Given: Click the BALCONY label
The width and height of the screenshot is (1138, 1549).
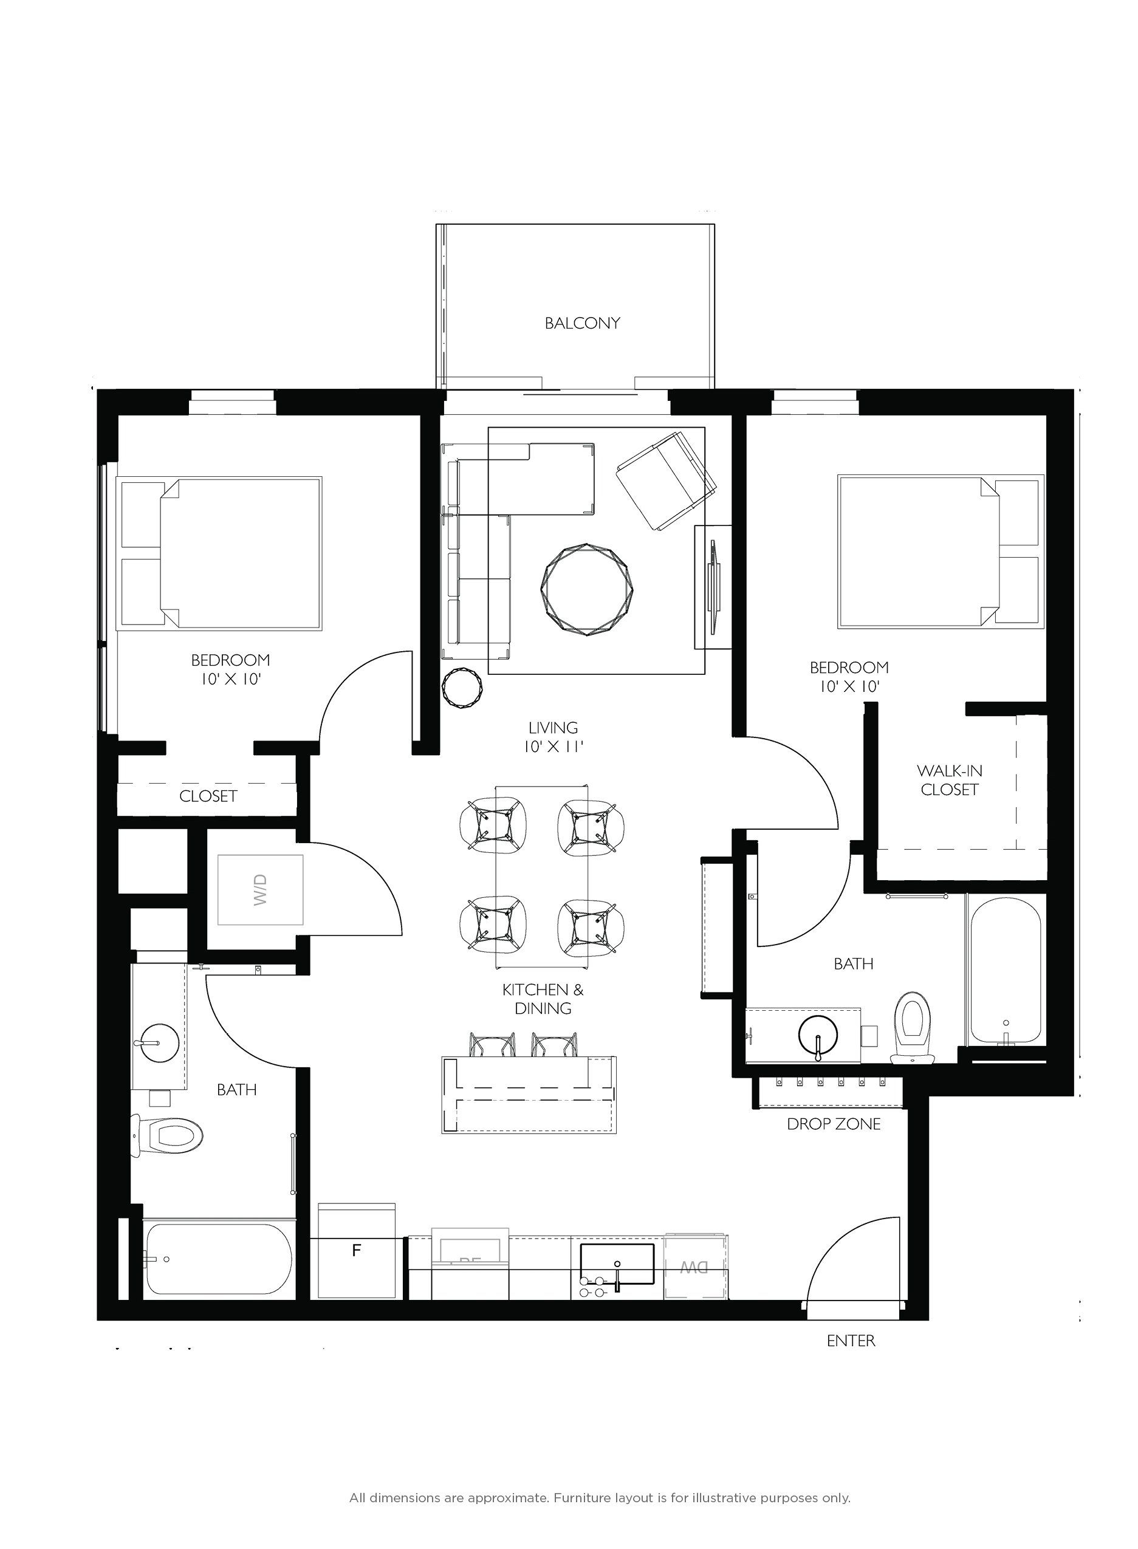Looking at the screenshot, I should (582, 323).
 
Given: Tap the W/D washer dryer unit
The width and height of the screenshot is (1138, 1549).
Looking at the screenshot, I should (261, 890).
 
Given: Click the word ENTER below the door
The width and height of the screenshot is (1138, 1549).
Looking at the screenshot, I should (851, 1360).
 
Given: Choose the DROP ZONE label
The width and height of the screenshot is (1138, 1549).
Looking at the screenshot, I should (834, 1124).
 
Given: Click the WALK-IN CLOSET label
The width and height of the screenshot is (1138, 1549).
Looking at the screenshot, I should (949, 781).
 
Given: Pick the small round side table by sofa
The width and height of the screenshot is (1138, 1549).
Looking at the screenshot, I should (462, 686).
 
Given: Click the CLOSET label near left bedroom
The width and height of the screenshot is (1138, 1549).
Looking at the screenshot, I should (208, 796).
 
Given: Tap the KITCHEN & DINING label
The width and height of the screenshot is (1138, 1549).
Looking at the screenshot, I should (543, 999).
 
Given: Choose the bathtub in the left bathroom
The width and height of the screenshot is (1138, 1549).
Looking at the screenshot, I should (218, 1260).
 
